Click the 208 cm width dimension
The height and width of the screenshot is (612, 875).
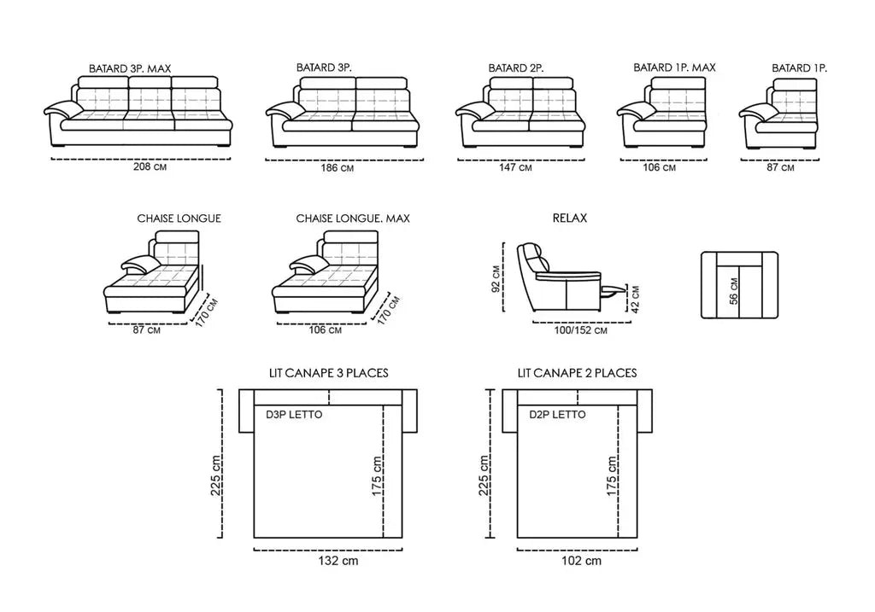pyautogui.click(x=143, y=167)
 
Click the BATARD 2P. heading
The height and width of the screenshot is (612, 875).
pyautogui.click(x=516, y=67)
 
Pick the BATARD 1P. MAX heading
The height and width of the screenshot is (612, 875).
pyautogui.click(x=674, y=67)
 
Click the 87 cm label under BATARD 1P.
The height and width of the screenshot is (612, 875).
pyautogui.click(x=780, y=168)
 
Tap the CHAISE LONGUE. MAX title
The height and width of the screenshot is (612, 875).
pyautogui.click(x=352, y=219)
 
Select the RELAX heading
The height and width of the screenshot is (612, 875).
pyautogui.click(x=570, y=219)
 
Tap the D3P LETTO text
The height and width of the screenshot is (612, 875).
pyautogui.click(x=294, y=415)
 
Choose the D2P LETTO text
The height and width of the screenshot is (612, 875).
pyautogui.click(x=557, y=415)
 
